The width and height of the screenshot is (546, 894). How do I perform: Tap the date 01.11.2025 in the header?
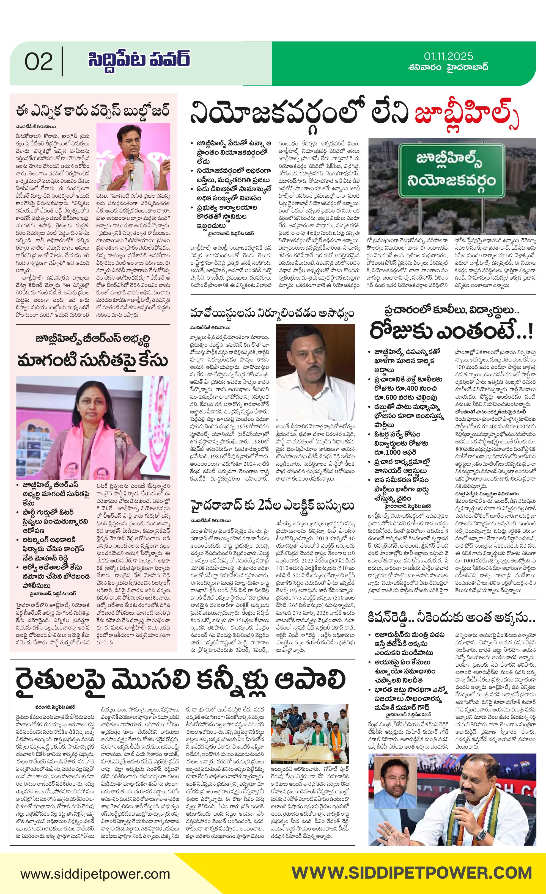click(x=448, y=56)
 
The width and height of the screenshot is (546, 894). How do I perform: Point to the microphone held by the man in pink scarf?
click(x=131, y=159)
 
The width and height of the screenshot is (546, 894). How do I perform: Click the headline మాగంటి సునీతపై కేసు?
click(x=93, y=360)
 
